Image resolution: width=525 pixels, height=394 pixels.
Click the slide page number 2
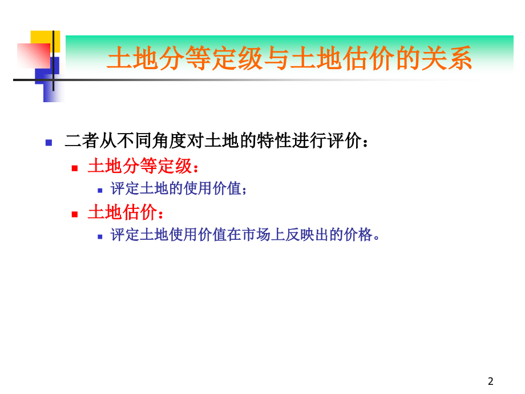point(491,381)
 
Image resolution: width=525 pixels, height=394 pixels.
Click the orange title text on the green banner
point(289,59)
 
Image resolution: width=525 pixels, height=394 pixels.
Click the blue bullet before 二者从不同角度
point(49,142)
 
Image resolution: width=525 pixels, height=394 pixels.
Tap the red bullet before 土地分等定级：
point(74,168)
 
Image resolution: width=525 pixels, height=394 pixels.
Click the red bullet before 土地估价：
point(74,214)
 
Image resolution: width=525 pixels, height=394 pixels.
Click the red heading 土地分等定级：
point(144,167)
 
